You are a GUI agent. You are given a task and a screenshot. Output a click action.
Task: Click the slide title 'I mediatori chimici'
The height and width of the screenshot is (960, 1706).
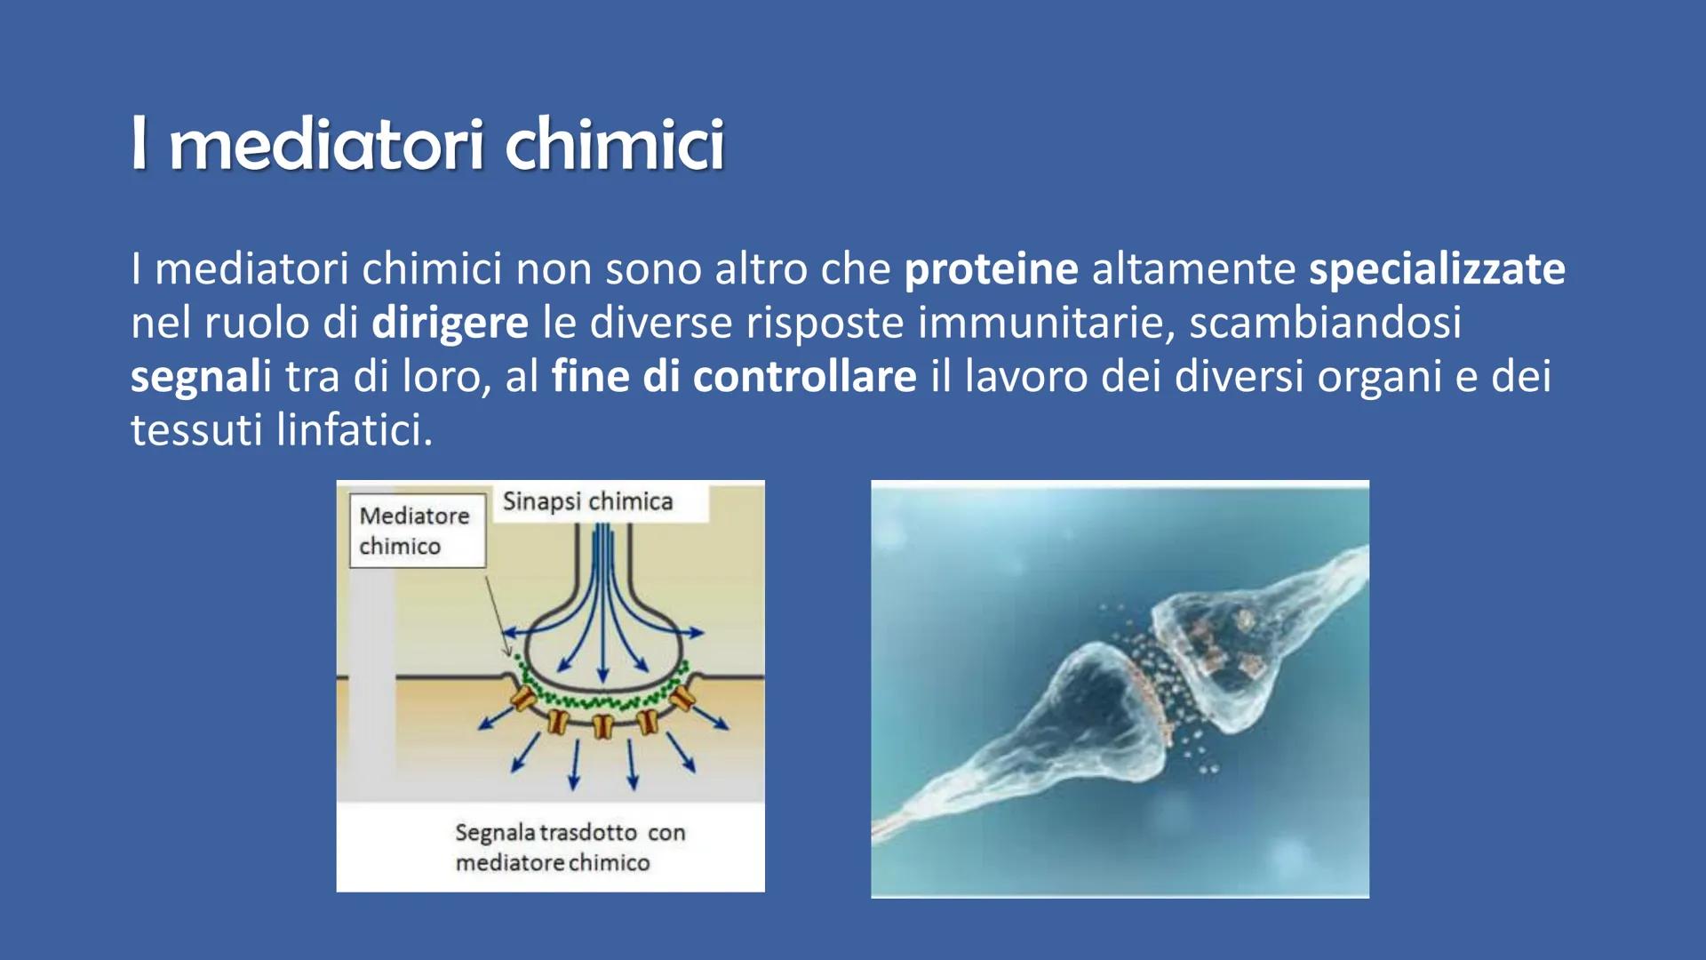tap(427, 143)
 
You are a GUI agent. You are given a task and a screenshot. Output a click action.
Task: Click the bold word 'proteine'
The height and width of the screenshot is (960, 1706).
tap(991, 268)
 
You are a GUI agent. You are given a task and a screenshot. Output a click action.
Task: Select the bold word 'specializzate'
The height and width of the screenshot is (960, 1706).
tap(1437, 268)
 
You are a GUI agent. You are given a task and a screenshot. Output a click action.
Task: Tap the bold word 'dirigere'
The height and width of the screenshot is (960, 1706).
tap(450, 323)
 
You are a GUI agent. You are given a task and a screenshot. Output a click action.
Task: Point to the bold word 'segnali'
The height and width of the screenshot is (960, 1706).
tap(201, 377)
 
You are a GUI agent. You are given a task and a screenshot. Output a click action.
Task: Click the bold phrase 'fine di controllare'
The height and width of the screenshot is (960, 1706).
tap(734, 376)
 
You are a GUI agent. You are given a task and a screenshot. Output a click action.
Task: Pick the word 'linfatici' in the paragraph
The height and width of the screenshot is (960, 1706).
tap(355, 429)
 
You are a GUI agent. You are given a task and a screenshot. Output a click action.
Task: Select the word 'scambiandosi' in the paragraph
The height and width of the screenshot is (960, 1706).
tap(1325, 322)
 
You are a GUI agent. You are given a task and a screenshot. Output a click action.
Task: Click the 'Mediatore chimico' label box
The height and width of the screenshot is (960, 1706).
tap(418, 531)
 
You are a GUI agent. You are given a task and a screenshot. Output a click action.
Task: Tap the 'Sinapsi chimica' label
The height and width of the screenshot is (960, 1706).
tap(587, 501)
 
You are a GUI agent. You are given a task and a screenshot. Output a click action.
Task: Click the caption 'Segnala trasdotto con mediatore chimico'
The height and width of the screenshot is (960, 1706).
tap(570, 847)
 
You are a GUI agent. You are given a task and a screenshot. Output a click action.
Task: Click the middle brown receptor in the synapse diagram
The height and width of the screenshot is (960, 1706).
tap(603, 725)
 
